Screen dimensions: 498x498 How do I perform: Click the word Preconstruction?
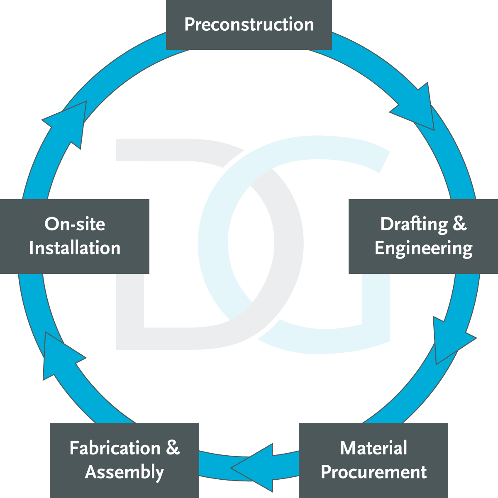pos(249,24)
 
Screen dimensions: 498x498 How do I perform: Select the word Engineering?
pos(423,249)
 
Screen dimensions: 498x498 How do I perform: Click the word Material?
pos(373,448)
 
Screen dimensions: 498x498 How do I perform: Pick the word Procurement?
pos(373,472)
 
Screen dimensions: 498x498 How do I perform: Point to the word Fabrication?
pos(115,448)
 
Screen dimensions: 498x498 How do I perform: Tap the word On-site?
pos(75,224)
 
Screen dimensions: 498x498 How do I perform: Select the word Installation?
pos(75,248)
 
